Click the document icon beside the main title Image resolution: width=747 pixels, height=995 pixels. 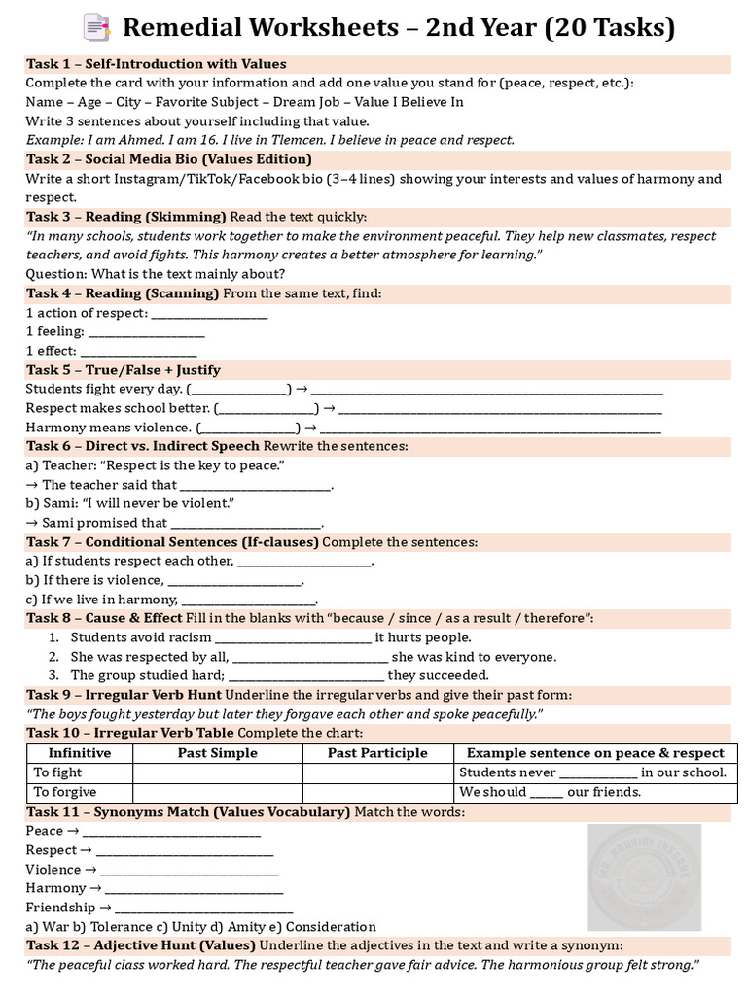[x=97, y=26]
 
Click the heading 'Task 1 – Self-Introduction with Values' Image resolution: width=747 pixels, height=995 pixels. [x=157, y=64]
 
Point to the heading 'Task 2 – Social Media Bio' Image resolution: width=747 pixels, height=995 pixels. [x=169, y=159]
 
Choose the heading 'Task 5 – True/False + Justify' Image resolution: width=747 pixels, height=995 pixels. [x=124, y=370]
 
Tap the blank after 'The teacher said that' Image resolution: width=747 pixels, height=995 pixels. [x=257, y=485]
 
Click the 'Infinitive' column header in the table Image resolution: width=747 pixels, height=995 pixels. [x=80, y=753]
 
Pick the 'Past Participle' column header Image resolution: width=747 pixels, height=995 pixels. [x=377, y=753]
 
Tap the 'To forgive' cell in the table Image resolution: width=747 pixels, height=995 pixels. [x=66, y=792]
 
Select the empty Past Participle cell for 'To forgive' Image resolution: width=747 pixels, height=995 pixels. [x=377, y=792]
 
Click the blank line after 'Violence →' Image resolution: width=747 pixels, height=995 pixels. [x=189, y=870]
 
